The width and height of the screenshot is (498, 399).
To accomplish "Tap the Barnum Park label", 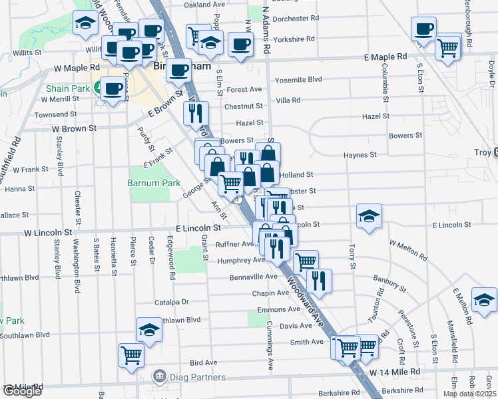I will click(144, 182).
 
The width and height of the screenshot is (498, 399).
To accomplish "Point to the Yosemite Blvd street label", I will click(298, 79).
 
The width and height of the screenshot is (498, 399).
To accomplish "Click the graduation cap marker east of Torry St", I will click(369, 216).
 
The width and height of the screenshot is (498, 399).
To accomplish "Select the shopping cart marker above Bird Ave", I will click(131, 354).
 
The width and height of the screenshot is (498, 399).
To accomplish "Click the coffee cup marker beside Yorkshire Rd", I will click(240, 45).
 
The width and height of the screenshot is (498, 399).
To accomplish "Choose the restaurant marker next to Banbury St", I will click(318, 281).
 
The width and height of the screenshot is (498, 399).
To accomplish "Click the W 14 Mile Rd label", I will click(395, 371).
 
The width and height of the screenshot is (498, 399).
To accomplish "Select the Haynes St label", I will click(360, 155).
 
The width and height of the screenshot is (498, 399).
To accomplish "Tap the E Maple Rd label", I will click(385, 58).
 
